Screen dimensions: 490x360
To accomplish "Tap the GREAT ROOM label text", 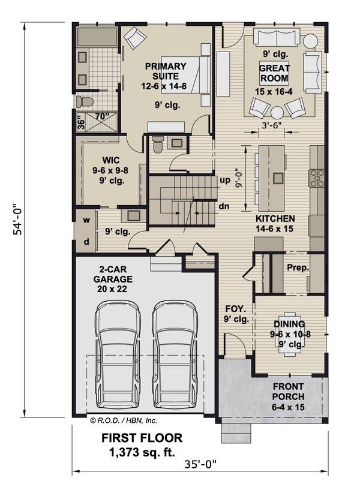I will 274,73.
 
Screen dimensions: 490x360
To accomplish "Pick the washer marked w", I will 86,220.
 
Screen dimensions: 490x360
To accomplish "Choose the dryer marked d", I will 86,241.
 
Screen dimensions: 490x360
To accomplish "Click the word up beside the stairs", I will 226,180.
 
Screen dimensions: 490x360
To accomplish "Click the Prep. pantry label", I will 298,268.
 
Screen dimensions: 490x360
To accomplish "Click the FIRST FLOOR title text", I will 142,438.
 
